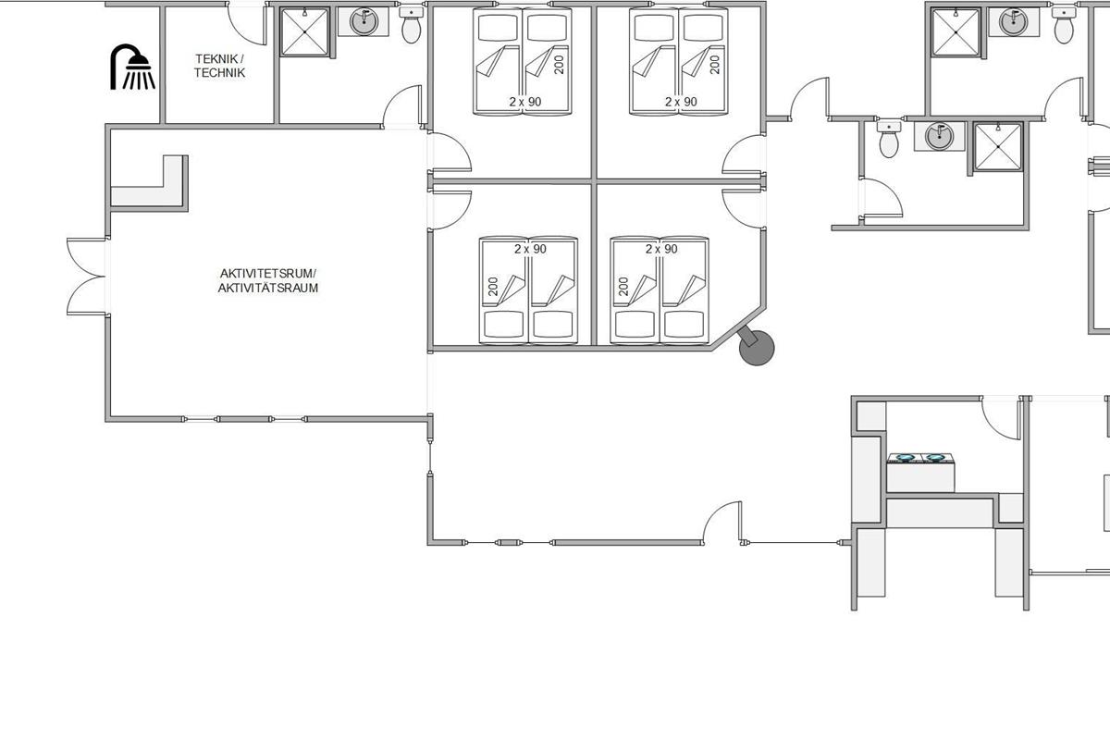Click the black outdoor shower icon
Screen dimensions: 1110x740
(131, 67)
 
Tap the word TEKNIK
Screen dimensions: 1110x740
(217, 59)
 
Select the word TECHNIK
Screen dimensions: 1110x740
(219, 73)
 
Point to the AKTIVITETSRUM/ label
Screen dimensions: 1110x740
(268, 274)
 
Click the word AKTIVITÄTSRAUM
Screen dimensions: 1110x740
(268, 288)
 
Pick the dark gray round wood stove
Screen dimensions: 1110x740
(757, 348)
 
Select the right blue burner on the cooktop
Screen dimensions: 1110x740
(935, 458)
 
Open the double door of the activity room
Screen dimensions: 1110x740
(86, 276)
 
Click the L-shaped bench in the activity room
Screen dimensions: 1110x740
(149, 182)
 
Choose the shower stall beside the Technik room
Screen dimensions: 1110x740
(304, 31)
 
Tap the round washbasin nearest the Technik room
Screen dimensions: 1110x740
(364, 22)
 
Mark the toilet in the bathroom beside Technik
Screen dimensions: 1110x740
(412, 26)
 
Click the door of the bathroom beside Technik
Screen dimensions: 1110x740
(402, 106)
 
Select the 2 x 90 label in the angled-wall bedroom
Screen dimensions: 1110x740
(661, 249)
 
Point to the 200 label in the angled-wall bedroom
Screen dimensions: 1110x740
(623, 287)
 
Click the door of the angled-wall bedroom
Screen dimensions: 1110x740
(744, 208)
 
